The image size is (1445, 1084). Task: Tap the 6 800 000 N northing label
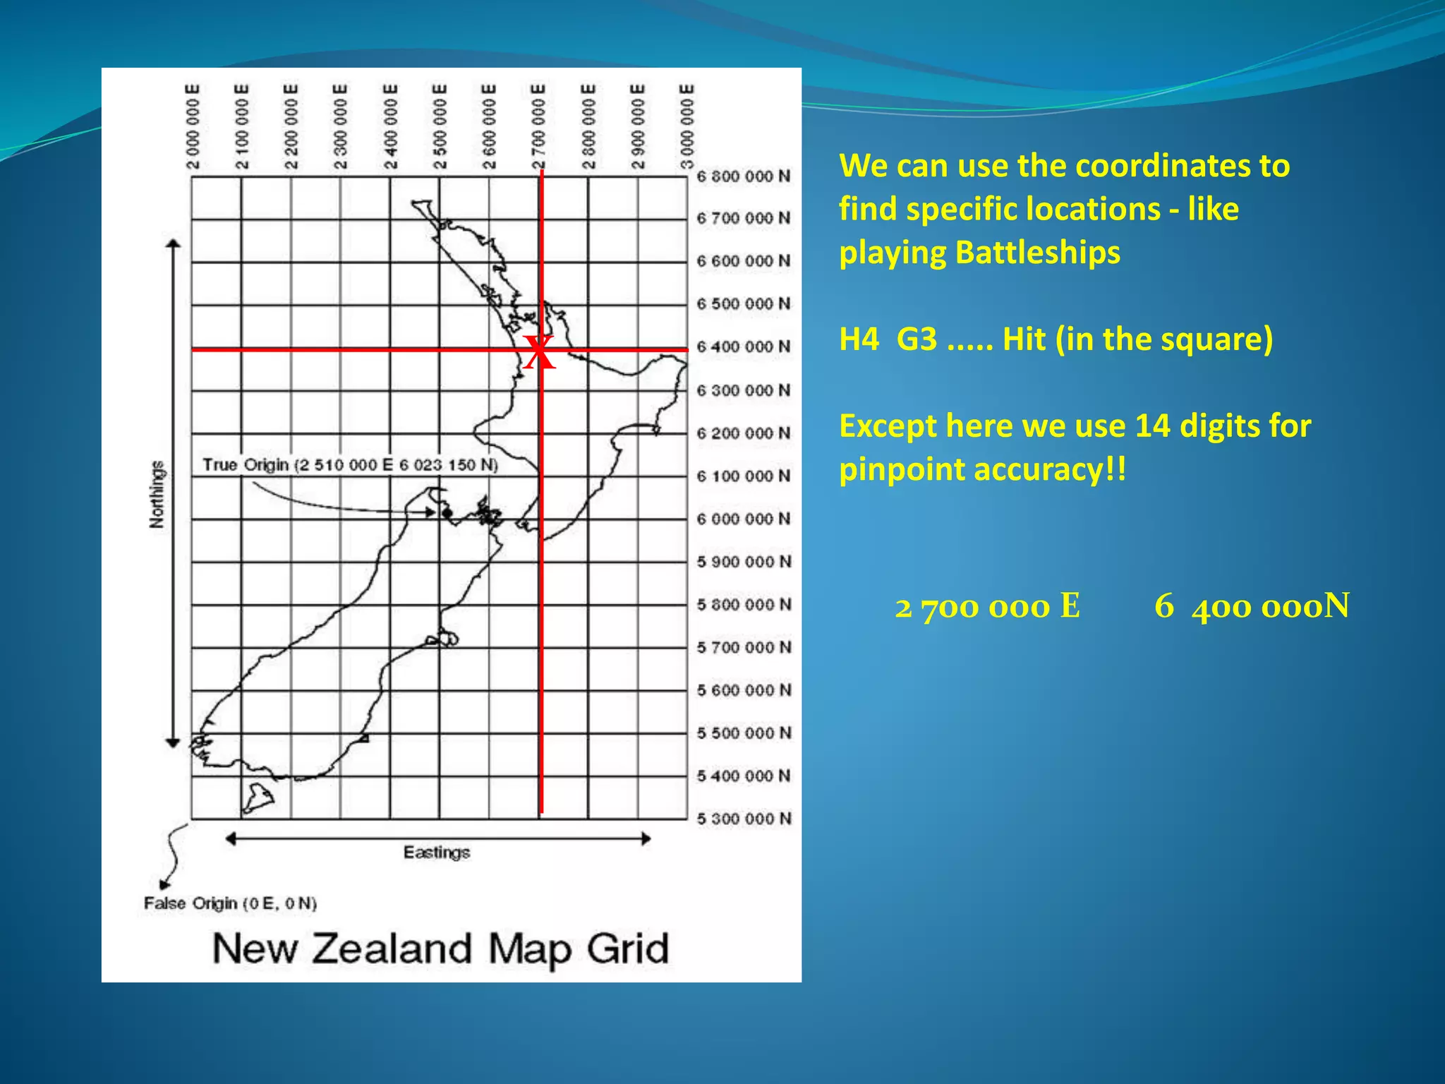point(744,176)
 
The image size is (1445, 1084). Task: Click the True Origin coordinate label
point(350,465)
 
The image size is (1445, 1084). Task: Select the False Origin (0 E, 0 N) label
point(230,903)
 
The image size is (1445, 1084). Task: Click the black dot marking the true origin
point(447,513)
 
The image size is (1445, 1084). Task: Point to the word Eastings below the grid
point(437,853)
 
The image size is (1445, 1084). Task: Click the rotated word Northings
point(157,494)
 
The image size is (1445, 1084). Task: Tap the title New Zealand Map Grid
point(440,948)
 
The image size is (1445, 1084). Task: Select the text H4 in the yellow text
point(859,339)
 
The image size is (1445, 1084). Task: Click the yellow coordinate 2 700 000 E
point(987,606)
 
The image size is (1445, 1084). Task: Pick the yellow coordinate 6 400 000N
point(1252,606)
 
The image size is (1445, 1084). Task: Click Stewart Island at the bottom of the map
point(258,797)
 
